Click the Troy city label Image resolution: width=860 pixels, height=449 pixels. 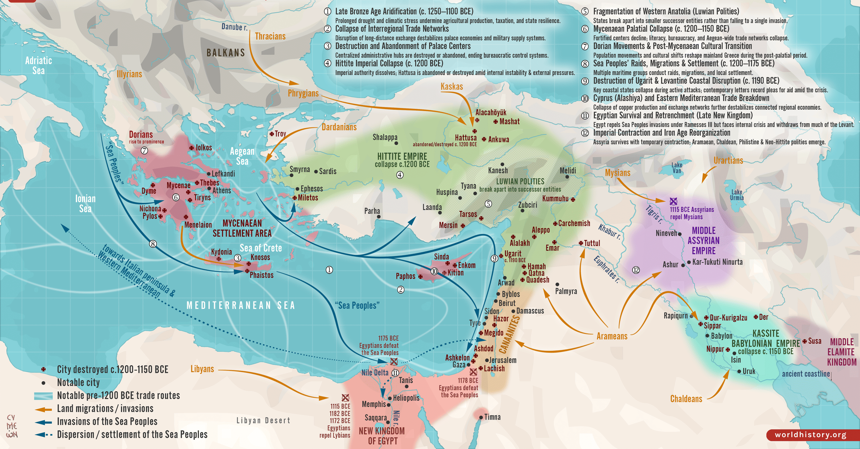(x=280, y=134)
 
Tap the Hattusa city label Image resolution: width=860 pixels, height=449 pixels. (x=465, y=138)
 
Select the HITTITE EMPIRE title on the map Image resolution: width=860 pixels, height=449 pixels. (x=402, y=156)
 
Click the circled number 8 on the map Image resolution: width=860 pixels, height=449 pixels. (x=153, y=244)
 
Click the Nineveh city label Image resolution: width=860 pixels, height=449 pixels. (x=666, y=233)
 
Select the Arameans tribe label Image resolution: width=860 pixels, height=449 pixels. (x=612, y=336)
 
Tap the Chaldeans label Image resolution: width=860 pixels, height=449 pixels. (x=686, y=399)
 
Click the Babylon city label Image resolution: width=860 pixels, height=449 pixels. (x=721, y=336)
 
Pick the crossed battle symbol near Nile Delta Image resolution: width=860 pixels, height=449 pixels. (x=394, y=362)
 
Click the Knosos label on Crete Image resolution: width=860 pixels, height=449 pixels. (x=260, y=257)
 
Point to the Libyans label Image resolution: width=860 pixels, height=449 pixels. (x=202, y=369)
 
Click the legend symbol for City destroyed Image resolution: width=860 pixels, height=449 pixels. (x=43, y=369)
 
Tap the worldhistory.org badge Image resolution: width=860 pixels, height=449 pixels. (x=811, y=435)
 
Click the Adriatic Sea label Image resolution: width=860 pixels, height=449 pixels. (x=38, y=66)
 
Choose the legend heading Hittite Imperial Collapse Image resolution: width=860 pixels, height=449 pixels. (x=389, y=64)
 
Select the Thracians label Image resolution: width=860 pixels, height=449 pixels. (x=270, y=37)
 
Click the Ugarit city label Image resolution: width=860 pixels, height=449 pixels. (x=512, y=254)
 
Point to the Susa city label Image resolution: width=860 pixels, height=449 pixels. (x=814, y=341)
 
